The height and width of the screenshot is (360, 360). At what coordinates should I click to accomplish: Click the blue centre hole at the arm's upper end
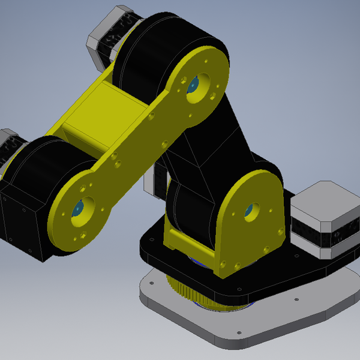pos(193,85)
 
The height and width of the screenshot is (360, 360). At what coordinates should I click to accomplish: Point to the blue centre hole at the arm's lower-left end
pos(78,209)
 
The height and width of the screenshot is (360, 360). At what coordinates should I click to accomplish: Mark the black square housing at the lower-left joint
pos(21,222)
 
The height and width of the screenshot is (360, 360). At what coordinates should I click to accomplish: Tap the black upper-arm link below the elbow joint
pos(210,144)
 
